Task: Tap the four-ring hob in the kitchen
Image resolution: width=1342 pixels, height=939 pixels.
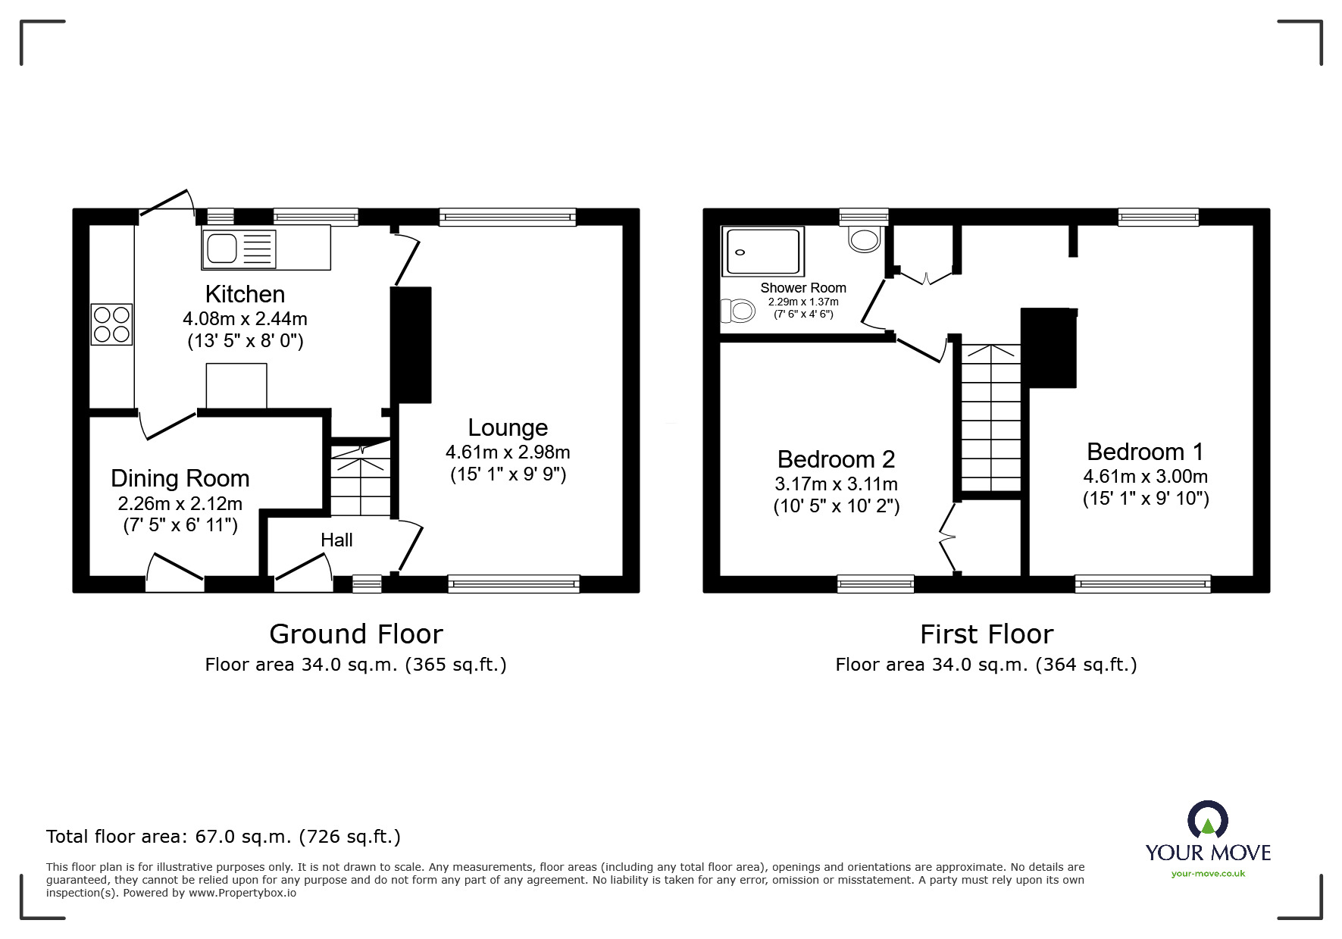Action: coord(111,324)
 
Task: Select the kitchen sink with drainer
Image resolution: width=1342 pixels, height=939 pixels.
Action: coord(239,248)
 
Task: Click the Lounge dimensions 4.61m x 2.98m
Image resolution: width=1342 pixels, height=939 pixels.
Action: coord(508,452)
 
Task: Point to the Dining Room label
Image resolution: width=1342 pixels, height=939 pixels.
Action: coord(180,478)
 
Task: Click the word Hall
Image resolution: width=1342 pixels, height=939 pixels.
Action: coord(336,540)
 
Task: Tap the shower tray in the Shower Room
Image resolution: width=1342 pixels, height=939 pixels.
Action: coord(762,252)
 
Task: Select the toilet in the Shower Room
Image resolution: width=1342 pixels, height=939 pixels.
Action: coord(737,311)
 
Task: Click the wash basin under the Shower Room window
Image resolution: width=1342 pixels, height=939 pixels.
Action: coord(865,239)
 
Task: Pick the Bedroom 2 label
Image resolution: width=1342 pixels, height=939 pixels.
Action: coord(836,459)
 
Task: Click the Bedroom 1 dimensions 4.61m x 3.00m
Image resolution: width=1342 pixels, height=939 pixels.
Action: coord(1145,477)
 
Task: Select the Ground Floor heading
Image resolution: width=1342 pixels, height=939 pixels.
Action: coord(355,634)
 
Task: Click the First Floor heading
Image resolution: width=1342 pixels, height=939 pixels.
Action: coord(986,634)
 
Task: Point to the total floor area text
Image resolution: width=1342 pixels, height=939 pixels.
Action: coord(224,837)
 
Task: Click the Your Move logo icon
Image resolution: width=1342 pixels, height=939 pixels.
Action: coord(1207,821)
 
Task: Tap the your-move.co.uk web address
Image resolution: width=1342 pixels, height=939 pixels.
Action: coord(1208,874)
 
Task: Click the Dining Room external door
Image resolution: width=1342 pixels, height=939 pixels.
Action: coord(175,573)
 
